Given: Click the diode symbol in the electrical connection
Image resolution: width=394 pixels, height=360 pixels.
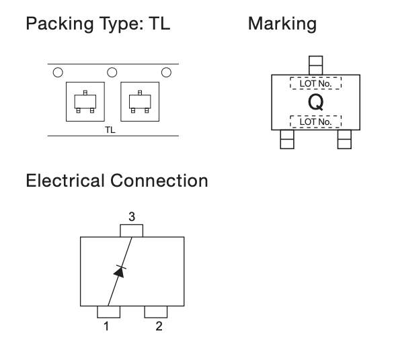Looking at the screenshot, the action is tap(120, 271).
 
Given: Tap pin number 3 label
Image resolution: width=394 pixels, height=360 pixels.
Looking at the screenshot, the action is tap(132, 216).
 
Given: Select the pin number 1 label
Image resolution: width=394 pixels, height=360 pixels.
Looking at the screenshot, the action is tap(106, 326).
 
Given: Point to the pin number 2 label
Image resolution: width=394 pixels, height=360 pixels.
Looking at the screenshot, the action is tap(159, 326).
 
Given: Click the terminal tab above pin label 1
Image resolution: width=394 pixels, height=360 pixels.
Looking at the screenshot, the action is tap(108, 312).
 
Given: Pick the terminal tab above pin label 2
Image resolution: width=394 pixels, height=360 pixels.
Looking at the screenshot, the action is tap(156, 312).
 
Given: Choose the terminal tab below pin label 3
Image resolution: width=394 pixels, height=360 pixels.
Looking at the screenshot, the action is tap(132, 231).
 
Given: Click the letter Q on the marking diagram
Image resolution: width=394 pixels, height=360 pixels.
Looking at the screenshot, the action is tap(316, 102).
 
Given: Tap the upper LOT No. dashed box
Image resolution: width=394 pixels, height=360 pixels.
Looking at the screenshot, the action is tap(316, 83).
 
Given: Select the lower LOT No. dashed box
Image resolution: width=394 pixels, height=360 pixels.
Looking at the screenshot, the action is tap(316, 122).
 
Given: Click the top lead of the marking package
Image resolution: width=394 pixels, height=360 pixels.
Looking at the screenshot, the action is tap(315, 65).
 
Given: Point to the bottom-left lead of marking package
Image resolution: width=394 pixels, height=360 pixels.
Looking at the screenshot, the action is tap(287, 139).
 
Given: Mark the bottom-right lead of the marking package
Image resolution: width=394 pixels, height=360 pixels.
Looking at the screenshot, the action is tap(344, 139).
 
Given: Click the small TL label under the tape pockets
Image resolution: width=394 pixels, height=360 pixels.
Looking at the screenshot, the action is tap(110, 130).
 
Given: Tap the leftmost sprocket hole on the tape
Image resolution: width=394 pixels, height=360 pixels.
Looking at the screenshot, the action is tap(58, 73).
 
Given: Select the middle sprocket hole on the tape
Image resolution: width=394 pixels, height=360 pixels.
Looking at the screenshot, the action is tap(112, 73).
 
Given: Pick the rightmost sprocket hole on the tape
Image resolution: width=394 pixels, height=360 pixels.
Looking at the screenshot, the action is tap(166, 73).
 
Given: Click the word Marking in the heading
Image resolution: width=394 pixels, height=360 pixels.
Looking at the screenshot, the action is tap(282, 24).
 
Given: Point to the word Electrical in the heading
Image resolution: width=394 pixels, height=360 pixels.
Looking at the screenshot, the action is tap(65, 181).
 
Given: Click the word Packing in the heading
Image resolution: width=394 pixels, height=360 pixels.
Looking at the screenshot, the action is tap(60, 24).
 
